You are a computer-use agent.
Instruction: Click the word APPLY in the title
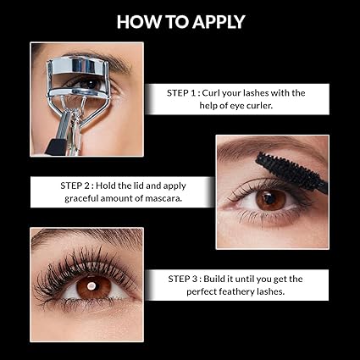click(212, 21)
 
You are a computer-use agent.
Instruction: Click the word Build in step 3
click(228, 277)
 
